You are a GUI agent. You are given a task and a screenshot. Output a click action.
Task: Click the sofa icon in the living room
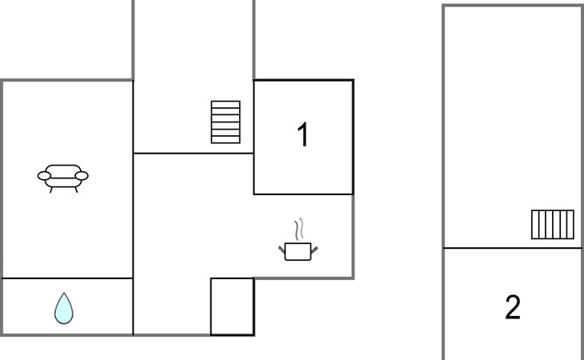[63, 178]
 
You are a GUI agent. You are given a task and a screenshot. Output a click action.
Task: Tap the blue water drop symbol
[64, 308]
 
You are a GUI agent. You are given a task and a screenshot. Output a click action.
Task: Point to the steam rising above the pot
[298, 229]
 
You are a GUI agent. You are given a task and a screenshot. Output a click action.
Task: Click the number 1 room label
[303, 134]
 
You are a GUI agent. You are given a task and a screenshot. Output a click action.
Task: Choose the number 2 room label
[513, 307]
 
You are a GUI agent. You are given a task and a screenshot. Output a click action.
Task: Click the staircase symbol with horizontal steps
[226, 122]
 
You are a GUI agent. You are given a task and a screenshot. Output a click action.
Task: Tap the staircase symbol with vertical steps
[552, 225]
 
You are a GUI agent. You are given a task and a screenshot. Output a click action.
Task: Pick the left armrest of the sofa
[44, 176]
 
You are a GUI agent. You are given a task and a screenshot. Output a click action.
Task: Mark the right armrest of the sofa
[82, 176]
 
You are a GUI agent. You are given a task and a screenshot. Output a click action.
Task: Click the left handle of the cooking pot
[282, 250]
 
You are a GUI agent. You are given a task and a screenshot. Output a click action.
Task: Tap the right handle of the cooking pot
[314, 250]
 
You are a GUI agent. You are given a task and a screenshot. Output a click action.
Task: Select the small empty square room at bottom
[233, 306]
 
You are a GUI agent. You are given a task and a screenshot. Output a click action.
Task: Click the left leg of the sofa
[51, 190]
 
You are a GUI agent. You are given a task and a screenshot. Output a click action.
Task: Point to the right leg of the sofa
[76, 190]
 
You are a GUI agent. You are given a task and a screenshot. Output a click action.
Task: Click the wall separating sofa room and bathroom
[67, 278]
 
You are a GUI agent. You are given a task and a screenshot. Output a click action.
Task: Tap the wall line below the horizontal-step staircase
[194, 153]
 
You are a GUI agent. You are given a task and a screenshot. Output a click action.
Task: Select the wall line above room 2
[513, 247]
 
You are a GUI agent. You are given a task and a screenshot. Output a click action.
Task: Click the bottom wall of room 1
[303, 194]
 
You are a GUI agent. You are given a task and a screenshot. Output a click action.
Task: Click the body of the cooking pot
[298, 252]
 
